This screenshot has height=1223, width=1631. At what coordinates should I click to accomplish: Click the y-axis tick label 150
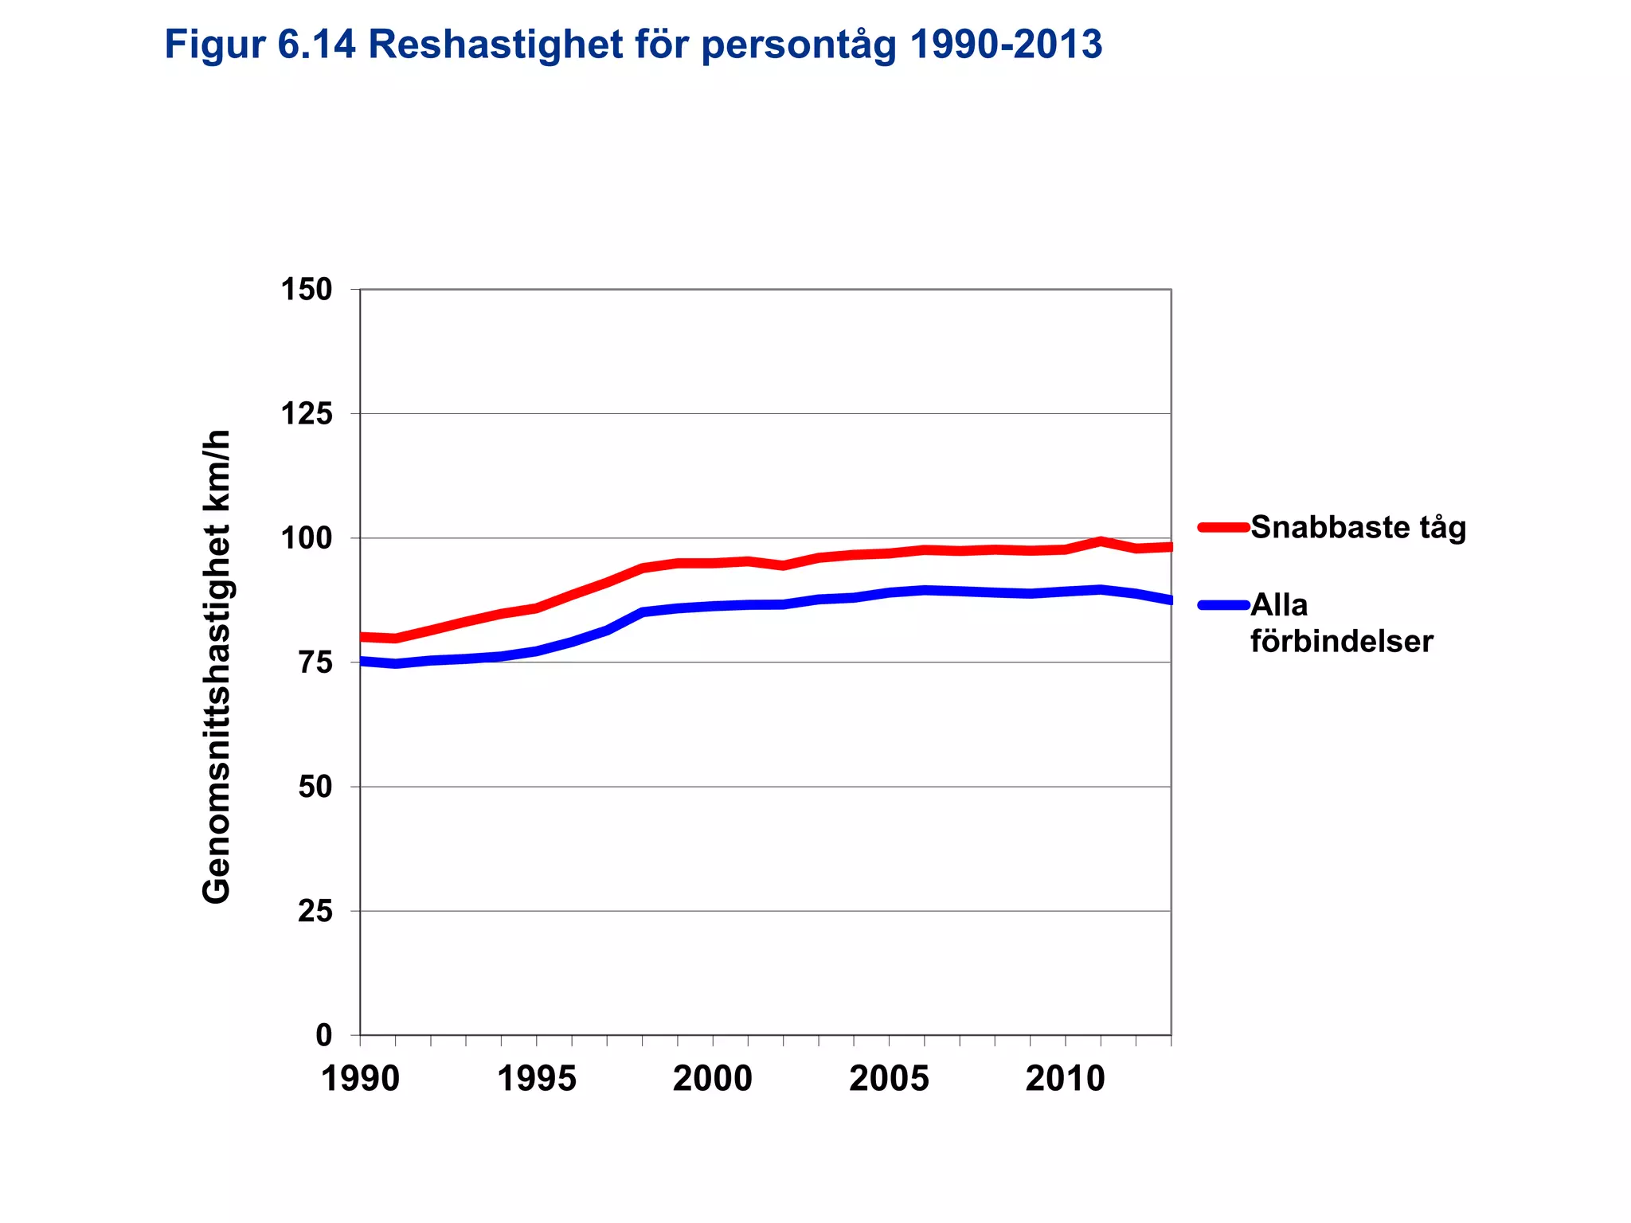[x=306, y=290]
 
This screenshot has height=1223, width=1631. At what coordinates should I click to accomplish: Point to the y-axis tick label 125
[x=306, y=414]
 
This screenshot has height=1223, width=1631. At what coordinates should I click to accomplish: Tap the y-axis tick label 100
[x=306, y=538]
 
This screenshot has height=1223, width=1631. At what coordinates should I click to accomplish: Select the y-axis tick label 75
[x=315, y=662]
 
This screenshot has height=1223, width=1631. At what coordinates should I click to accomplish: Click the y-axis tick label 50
[x=315, y=787]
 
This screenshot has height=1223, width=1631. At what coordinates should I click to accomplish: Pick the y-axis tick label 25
[x=315, y=911]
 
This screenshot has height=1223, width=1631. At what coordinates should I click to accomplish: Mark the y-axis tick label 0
[x=323, y=1035]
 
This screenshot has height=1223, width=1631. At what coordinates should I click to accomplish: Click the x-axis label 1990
[x=360, y=1080]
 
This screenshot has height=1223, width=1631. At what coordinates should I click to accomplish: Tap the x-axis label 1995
[x=536, y=1080]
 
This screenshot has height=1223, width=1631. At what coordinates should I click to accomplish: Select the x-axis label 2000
[x=712, y=1080]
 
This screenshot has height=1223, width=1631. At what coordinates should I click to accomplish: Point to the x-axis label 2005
[x=889, y=1080]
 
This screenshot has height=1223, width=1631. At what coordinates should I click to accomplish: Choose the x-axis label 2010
[x=1065, y=1080]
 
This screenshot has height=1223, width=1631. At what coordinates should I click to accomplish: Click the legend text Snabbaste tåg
[x=1358, y=528]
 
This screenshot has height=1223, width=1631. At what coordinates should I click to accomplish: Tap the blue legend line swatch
[x=1223, y=605]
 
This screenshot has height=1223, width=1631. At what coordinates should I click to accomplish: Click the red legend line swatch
[x=1223, y=526]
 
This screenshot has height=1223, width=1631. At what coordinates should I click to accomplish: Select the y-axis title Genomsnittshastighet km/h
[x=216, y=667]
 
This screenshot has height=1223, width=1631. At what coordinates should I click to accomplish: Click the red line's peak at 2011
[x=1100, y=541]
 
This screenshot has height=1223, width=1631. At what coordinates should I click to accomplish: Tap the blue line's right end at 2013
[x=1169, y=600]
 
